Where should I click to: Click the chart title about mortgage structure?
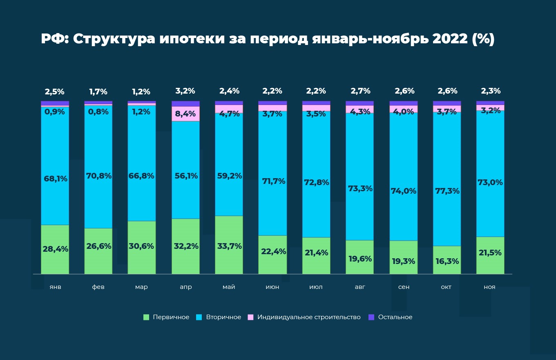[268, 39]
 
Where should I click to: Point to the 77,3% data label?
[447, 191]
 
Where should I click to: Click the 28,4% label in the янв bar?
[55, 249]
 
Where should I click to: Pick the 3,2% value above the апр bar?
[185, 91]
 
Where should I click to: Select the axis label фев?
[98, 287]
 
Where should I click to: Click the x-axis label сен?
[404, 287]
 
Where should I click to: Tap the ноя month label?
[489, 287]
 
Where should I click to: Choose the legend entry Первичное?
[171, 317]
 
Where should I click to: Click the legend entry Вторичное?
[223, 317]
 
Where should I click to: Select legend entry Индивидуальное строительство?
[308, 317]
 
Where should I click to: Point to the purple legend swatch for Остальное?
[371, 317]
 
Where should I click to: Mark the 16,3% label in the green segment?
[447, 261]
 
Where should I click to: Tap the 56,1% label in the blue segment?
[185, 176]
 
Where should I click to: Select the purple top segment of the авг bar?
[360, 103]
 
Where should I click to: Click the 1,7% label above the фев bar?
[98, 92]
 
